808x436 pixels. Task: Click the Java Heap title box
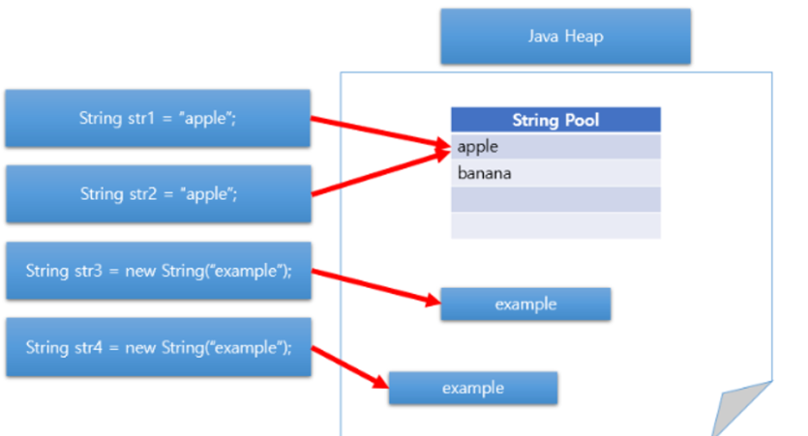click(565, 37)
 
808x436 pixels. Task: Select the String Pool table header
click(555, 120)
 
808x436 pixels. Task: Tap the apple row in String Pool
click(555, 147)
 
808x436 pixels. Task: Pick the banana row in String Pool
click(555, 173)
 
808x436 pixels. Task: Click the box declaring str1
click(158, 118)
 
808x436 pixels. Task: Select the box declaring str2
click(158, 193)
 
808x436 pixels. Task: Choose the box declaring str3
click(158, 270)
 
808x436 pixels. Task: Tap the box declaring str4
click(158, 347)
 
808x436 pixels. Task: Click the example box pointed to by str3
click(525, 304)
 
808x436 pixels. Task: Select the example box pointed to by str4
click(473, 388)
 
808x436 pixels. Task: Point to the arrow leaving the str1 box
click(377, 132)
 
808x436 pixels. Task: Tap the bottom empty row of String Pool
click(555, 225)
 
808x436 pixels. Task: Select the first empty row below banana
click(555, 199)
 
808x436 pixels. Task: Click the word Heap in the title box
click(585, 37)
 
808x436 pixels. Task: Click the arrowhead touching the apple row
click(443, 146)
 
